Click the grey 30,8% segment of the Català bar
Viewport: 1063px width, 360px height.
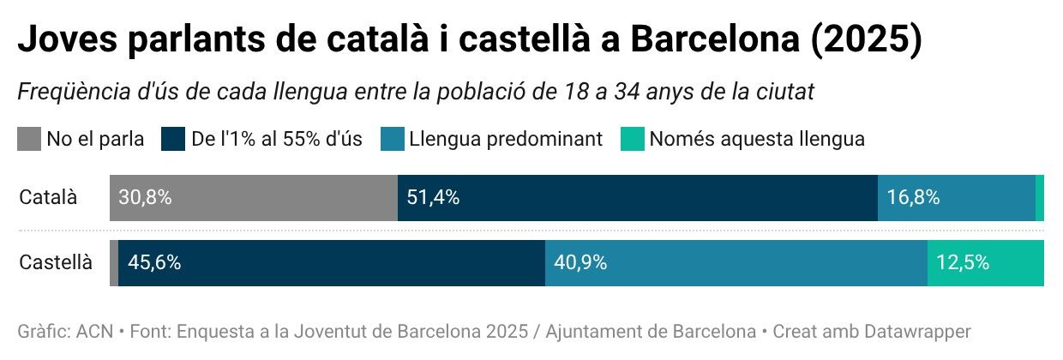253,198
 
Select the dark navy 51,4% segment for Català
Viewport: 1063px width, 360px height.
637,198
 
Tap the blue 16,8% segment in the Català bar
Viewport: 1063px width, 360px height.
956,198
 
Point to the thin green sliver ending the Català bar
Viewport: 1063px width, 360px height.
1039,198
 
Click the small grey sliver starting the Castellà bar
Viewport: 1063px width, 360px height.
114,263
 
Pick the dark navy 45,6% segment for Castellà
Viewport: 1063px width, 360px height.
332,263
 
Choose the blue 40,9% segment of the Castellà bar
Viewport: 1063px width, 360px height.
736,263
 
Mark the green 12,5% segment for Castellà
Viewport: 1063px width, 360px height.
985,263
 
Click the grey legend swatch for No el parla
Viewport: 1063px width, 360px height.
29,139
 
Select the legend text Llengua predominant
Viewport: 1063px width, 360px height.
506,139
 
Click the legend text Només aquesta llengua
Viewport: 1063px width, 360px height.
757,139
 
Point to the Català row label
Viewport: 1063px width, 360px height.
48,198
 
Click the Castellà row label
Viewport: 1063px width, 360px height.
56,263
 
